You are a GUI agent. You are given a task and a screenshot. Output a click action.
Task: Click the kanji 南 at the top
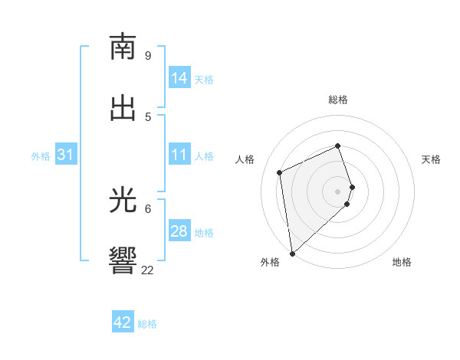pos(123,47)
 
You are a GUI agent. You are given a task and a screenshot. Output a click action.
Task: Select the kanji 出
pos(123,109)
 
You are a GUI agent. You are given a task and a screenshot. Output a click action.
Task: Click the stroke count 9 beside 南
pos(148,55)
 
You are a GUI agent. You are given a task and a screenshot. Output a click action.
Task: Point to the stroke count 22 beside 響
pos(148,270)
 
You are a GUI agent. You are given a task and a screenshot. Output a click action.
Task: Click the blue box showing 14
pos(179,78)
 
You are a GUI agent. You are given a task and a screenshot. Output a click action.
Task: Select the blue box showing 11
pos(179,155)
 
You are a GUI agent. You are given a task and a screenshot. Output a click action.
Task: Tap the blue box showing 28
pos(179,231)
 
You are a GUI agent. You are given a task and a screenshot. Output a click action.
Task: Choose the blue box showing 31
pos(66,155)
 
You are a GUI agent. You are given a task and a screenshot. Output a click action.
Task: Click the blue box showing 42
pos(123,322)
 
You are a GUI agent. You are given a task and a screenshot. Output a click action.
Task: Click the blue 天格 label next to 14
pos(204,79)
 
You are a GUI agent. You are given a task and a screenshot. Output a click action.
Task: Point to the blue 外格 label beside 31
pos(41,155)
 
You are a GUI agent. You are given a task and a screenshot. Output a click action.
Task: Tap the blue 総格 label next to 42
pos(147,323)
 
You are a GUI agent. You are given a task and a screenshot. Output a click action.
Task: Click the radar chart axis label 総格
pos(338,100)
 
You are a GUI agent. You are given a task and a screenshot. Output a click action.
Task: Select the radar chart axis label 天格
pos(431,159)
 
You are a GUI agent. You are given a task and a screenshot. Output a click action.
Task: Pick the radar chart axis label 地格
pos(402,262)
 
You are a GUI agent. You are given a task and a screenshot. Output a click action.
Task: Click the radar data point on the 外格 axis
pos(291,253)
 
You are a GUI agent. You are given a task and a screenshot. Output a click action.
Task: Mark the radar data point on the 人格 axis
pos(280,172)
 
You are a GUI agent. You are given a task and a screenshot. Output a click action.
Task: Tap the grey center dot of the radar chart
pos(338,191)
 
